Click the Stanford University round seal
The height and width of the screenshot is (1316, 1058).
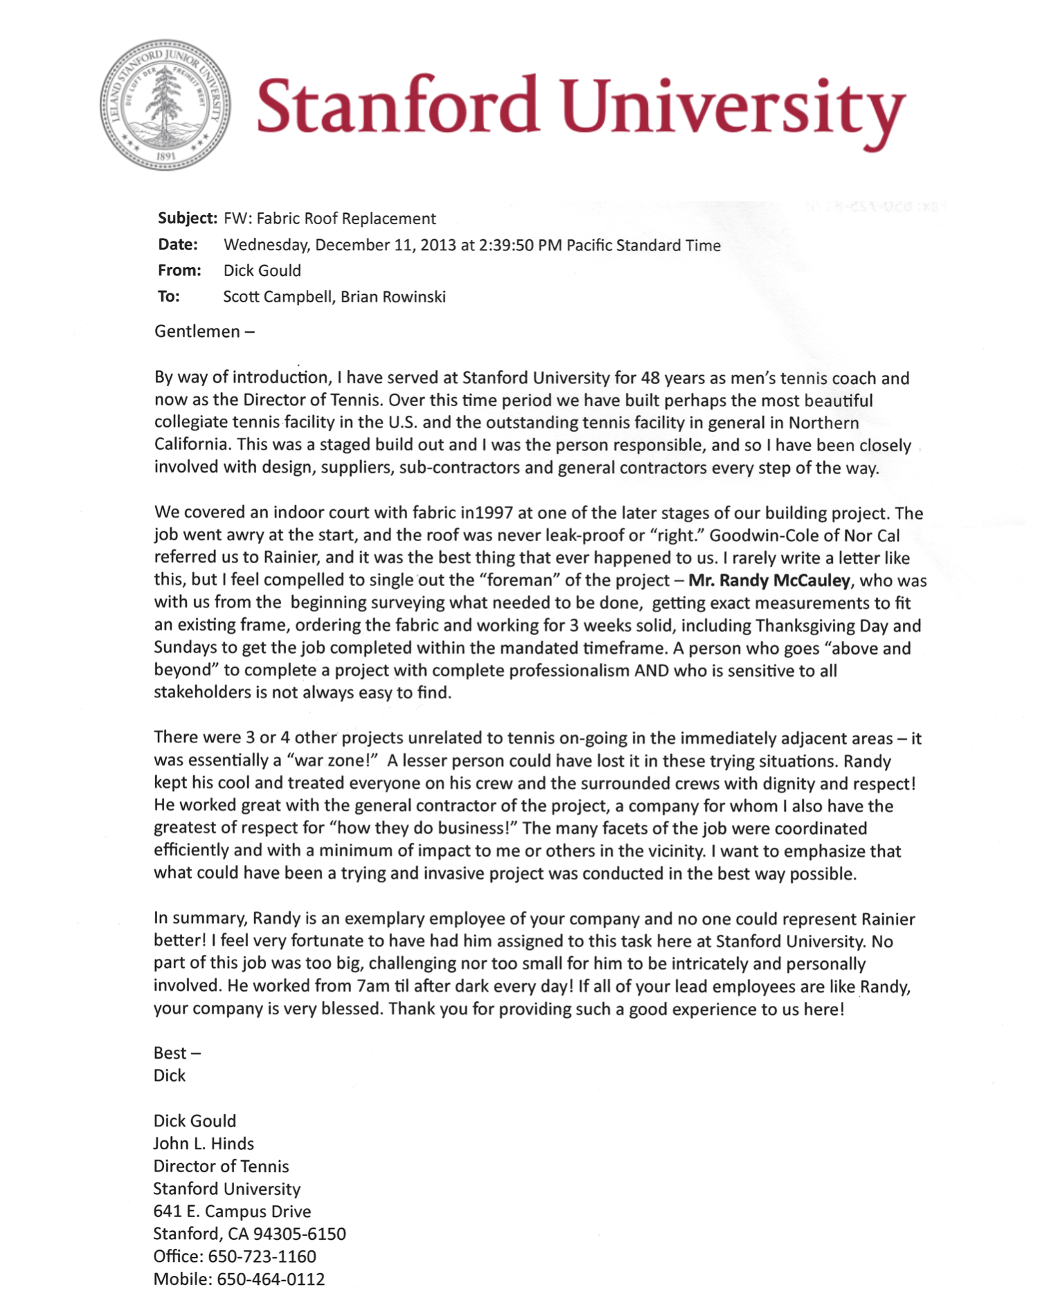[x=165, y=104]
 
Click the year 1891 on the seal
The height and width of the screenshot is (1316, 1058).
[x=165, y=156]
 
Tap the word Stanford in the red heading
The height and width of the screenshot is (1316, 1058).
[x=397, y=106]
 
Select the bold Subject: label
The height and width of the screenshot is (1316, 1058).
[x=187, y=219]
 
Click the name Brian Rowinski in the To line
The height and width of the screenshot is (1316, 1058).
[x=393, y=297]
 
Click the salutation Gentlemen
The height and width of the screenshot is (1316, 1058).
[x=197, y=331]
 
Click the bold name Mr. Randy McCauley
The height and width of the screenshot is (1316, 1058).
[x=769, y=581]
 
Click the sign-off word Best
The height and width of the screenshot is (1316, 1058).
[x=170, y=1053]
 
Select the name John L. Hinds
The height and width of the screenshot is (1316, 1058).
[x=204, y=1144]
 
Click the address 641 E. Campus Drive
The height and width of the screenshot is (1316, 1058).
[x=232, y=1212]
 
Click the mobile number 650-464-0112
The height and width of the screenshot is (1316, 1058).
[x=271, y=1279]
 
